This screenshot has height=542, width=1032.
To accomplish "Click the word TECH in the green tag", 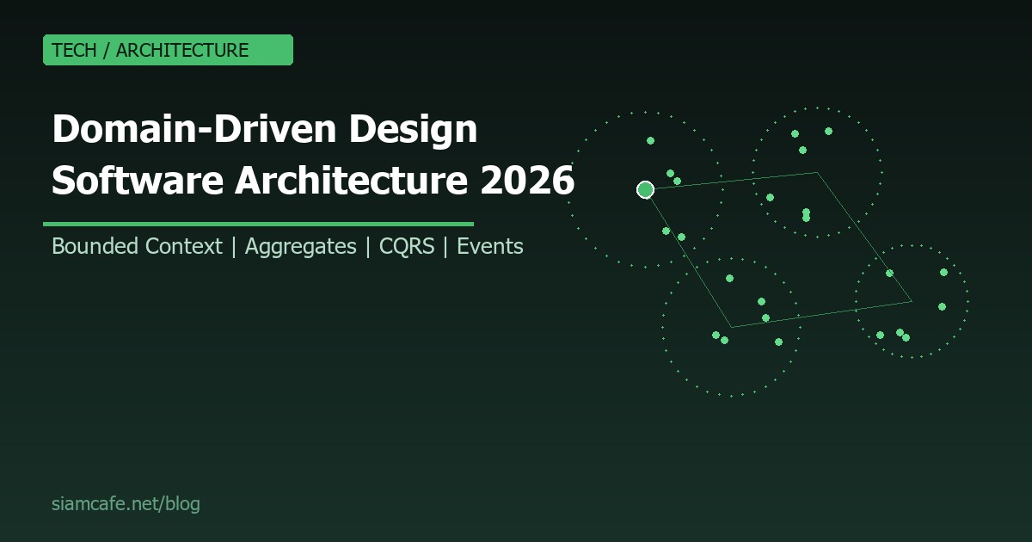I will click(x=74, y=50).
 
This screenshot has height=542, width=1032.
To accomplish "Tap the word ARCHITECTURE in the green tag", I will click(x=182, y=50).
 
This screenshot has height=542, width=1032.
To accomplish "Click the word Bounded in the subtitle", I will click(x=95, y=247).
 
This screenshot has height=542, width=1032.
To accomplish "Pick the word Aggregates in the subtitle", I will click(x=300, y=247).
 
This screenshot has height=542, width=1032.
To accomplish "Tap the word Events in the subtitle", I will click(x=490, y=247).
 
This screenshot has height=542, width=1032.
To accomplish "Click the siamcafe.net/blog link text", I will click(x=126, y=504).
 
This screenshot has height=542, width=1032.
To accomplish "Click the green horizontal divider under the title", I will click(x=258, y=224).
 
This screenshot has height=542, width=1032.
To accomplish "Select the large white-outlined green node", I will click(x=645, y=190).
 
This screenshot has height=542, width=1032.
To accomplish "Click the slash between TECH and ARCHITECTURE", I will click(x=107, y=50).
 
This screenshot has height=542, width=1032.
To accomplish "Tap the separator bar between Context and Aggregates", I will click(x=234, y=247).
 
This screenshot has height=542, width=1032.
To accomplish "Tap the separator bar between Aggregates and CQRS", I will click(x=368, y=247).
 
